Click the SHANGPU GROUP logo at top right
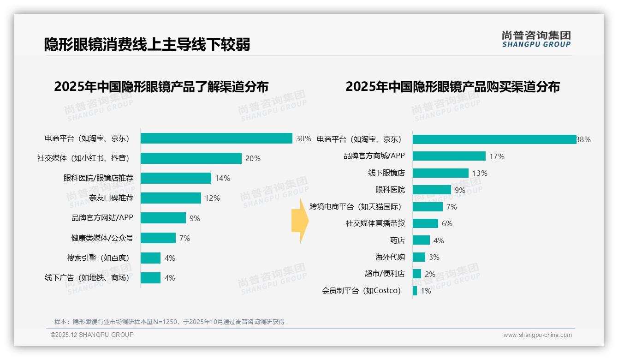click(x=536, y=39)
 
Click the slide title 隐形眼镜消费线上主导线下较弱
click(x=147, y=44)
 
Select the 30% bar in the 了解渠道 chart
click(x=216, y=138)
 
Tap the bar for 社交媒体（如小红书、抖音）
click(x=191, y=158)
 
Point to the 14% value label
click(x=222, y=178)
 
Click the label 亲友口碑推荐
click(x=111, y=198)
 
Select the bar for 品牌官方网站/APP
click(x=163, y=218)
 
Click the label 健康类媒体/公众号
click(x=102, y=238)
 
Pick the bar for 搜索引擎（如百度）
click(x=150, y=258)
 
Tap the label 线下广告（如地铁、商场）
click(x=87, y=278)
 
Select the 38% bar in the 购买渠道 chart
click(x=494, y=139)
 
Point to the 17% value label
click(x=497, y=156)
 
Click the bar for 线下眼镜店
click(x=440, y=173)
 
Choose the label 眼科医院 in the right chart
click(x=390, y=190)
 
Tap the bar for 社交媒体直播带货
click(x=425, y=223)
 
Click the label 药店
click(x=397, y=240)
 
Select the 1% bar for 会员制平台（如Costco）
click(x=415, y=291)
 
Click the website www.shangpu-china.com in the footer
click(x=537, y=335)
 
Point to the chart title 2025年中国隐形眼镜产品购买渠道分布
click(x=452, y=87)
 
